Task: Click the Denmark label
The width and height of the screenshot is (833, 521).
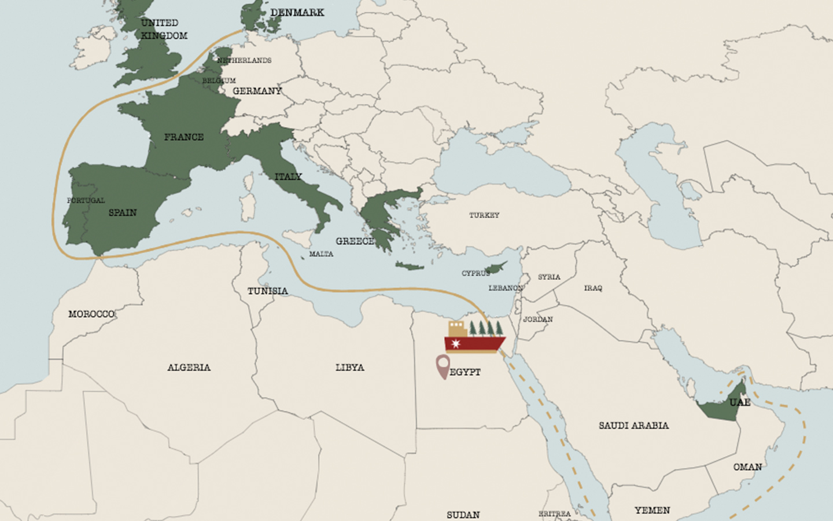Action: pyautogui.click(x=297, y=13)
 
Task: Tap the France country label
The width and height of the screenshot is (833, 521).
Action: pyautogui.click(x=183, y=137)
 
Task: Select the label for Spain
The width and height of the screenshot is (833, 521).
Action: pyautogui.click(x=123, y=212)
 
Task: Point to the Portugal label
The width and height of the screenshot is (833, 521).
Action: pyautogui.click(x=86, y=200)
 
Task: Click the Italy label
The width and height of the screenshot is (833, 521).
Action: pyautogui.click(x=288, y=177)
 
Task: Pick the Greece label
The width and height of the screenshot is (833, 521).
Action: pyautogui.click(x=355, y=241)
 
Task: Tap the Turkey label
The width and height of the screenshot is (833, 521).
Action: pyautogui.click(x=484, y=215)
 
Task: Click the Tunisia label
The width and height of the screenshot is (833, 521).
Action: pyautogui.click(x=267, y=291)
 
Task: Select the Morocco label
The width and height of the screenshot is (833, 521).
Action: pyautogui.click(x=91, y=314)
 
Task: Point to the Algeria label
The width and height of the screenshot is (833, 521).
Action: pyautogui.click(x=189, y=368)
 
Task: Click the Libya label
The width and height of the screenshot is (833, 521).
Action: pyautogui.click(x=349, y=368)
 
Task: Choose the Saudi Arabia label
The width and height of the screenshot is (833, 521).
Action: pyautogui.click(x=633, y=425)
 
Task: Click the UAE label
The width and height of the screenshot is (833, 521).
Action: pyautogui.click(x=739, y=402)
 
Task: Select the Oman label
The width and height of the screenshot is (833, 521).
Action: pyautogui.click(x=747, y=467)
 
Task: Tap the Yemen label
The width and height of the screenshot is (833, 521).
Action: pyautogui.click(x=652, y=510)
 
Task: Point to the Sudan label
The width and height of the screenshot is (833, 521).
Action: pyautogui.click(x=463, y=514)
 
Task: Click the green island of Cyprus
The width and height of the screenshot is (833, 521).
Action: pyautogui.click(x=496, y=267)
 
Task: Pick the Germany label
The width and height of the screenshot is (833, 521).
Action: pyautogui.click(x=257, y=91)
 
